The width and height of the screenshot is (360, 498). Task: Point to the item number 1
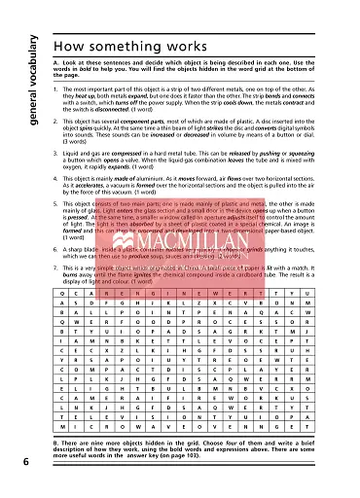pos(55,89)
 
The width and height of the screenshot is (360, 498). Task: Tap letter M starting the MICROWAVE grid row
pos(63,427)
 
